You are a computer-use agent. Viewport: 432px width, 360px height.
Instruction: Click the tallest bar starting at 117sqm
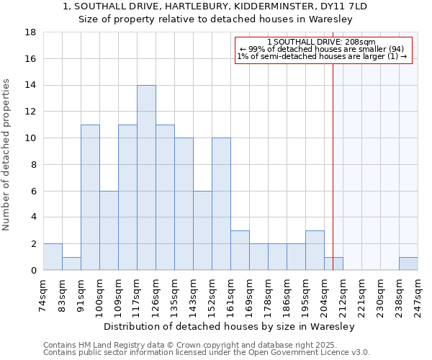146,177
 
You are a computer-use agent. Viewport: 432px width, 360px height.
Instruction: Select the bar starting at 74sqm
53,257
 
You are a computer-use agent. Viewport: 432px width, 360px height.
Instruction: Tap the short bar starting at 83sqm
71,264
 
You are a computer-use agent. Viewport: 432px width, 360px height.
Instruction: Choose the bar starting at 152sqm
221,204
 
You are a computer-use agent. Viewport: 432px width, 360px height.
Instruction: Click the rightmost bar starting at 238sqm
408,264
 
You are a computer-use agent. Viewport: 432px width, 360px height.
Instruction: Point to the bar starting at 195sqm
315,251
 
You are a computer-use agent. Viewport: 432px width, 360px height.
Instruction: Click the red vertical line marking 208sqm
333,166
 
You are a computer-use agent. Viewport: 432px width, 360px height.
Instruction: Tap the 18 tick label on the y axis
30,32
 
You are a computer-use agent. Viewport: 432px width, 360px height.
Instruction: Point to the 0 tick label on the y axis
33,270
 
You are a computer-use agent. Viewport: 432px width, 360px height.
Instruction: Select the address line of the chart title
215,6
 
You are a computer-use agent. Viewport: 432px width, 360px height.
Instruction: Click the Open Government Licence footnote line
206,353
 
